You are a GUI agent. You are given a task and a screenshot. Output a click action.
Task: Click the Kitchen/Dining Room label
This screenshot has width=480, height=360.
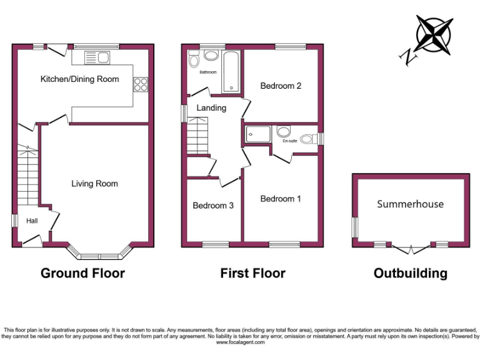[x=79, y=79]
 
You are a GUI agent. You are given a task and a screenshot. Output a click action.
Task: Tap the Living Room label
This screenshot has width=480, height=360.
[x=94, y=184]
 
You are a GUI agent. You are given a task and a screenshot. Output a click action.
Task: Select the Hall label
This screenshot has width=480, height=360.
[x=32, y=221]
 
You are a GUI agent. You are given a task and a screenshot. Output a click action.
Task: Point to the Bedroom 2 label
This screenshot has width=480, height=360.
[x=281, y=86]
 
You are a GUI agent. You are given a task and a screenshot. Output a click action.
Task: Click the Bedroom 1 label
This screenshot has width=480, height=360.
[x=281, y=199]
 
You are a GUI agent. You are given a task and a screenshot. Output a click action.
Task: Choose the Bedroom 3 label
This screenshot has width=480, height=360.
[x=212, y=206]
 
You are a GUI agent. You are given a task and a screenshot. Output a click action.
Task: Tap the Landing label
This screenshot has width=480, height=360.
[x=211, y=108]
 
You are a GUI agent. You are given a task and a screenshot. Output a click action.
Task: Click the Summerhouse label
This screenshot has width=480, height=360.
[x=410, y=204]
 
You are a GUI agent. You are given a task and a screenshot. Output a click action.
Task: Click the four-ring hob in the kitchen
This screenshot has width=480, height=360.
[x=140, y=84]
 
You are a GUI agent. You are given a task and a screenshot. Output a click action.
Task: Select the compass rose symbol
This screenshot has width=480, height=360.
[x=434, y=34]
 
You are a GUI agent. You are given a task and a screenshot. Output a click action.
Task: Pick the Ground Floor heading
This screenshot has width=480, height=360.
[x=82, y=273]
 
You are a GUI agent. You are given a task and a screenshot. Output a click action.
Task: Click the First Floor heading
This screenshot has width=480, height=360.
[x=252, y=273]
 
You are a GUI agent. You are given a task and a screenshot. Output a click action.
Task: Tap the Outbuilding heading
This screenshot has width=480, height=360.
[x=410, y=273]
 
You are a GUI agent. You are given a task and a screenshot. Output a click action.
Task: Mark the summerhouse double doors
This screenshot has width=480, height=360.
[x=411, y=249]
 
